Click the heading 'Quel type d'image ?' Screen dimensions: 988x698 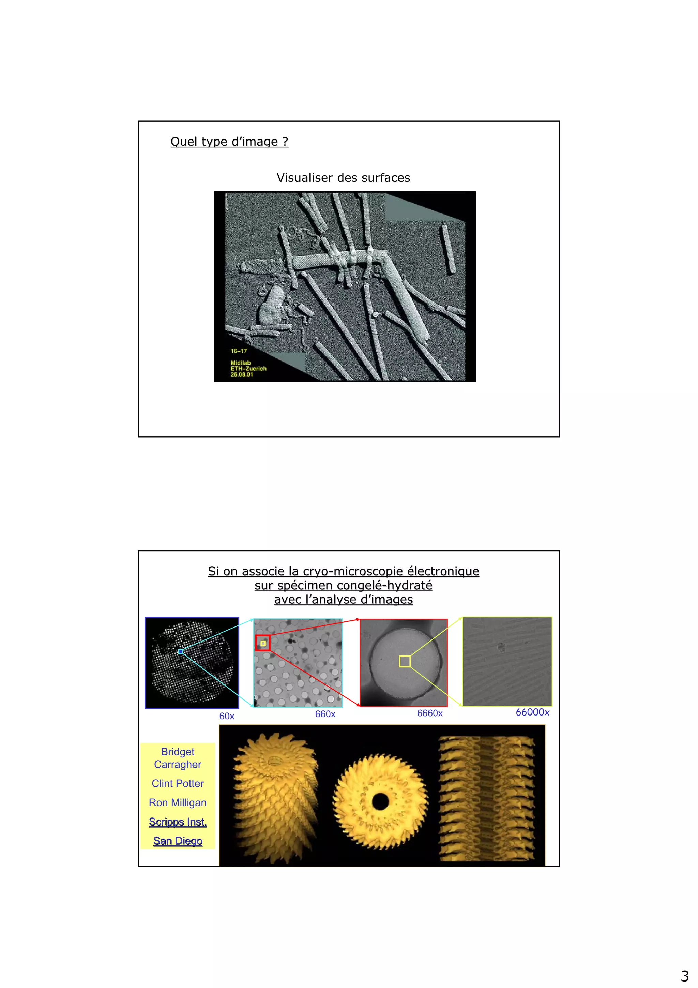click(229, 142)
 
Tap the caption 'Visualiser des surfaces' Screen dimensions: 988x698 click(343, 178)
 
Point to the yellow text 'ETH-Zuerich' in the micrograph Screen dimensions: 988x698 click(248, 369)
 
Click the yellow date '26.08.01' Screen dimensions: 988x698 click(242, 375)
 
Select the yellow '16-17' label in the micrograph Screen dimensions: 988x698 click(239, 351)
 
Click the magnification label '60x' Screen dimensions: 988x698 click(227, 717)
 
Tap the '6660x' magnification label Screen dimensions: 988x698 click(430, 713)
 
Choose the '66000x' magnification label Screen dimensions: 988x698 click(532, 712)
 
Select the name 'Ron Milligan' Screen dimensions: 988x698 click(178, 803)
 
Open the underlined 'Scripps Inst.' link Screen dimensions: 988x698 click(178, 822)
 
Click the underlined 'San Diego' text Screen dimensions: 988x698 click(178, 841)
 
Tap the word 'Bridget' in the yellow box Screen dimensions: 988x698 click(178, 752)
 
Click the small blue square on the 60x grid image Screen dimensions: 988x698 click(181, 652)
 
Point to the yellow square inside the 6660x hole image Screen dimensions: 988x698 click(405, 661)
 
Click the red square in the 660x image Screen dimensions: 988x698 click(263, 643)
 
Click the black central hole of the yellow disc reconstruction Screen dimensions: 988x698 click(380, 801)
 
